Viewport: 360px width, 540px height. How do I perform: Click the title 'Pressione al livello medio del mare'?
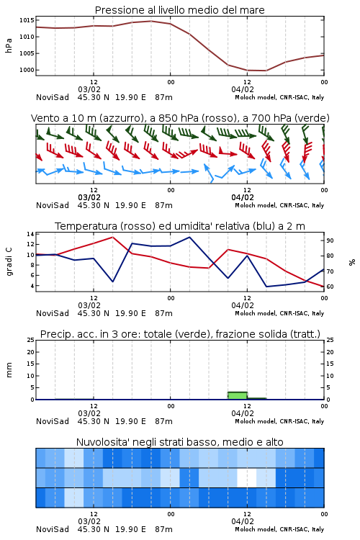[179, 10]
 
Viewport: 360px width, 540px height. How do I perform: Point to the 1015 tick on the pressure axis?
[27, 20]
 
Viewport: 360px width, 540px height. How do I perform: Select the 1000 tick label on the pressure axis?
[27, 70]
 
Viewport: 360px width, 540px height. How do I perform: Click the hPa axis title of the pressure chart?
[9, 45]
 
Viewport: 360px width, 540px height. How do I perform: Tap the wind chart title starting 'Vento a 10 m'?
[180, 118]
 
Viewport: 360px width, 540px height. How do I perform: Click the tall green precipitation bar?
[238, 396]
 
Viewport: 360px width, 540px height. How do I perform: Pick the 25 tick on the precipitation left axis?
[31, 340]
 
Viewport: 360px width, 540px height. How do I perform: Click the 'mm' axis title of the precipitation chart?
[9, 370]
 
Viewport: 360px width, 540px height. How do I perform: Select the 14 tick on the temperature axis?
[31, 234]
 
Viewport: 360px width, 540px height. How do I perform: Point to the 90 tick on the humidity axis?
[330, 240]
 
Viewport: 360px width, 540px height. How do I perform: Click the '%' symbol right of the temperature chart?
[352, 262]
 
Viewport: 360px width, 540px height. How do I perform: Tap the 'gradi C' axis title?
[9, 262]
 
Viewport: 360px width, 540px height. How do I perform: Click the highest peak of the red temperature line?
[112, 237]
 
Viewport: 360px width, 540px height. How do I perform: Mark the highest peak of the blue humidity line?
[189, 237]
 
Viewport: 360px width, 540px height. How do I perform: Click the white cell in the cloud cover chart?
[247, 477]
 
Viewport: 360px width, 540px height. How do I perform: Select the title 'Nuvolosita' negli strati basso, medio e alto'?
[179, 442]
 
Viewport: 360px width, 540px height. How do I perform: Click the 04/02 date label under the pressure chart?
[243, 89]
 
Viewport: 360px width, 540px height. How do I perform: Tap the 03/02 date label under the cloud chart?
[89, 521]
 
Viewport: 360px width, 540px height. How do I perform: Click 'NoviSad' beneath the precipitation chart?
[53, 421]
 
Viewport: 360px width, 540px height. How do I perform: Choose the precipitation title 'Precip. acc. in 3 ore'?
[89, 334]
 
